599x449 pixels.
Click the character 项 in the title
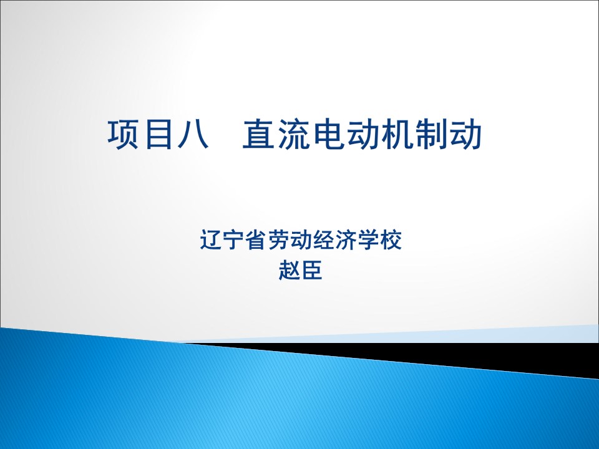pos(122,134)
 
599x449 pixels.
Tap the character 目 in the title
pos(158,134)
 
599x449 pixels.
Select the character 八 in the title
pos(193,135)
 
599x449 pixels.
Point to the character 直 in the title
pos(258,134)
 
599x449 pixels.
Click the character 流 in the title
pos(293,134)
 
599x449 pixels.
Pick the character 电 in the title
pos(328,134)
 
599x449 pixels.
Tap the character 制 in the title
pos(431,134)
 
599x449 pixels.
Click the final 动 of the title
pos(465,134)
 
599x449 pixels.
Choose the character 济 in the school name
pos(346,240)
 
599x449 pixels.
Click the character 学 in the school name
pos(369,240)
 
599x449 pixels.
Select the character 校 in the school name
pos(391,240)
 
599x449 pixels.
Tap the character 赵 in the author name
pos(290,270)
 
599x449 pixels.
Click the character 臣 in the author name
pos(312,270)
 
